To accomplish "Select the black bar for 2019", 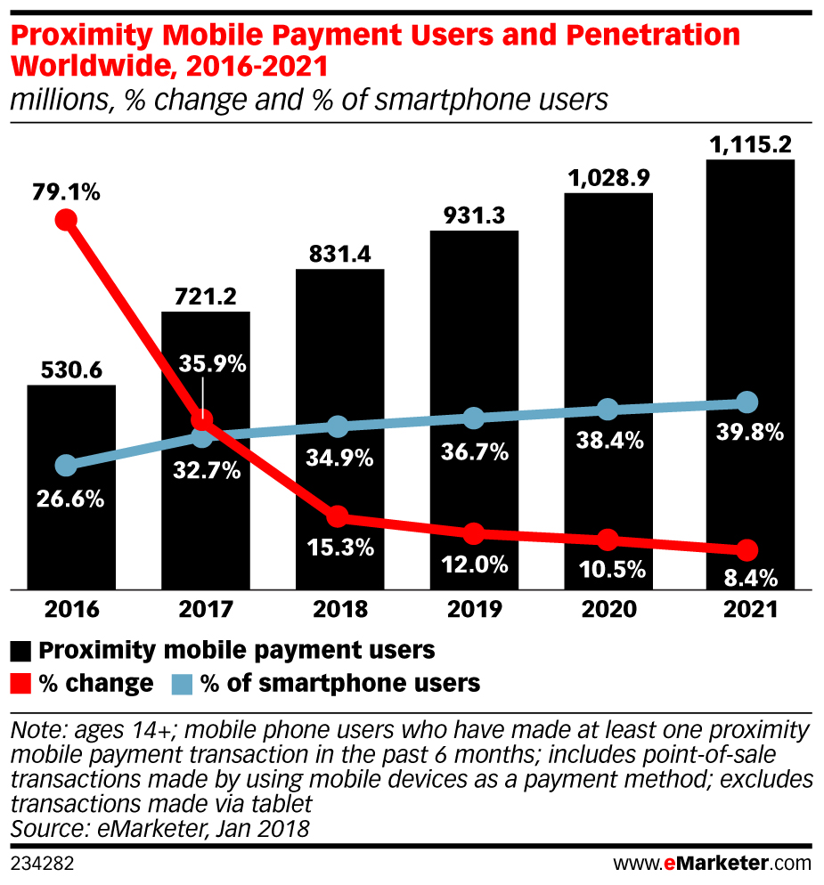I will coord(474,356).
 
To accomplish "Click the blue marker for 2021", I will coord(746,402).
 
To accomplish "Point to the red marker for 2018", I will coord(337,517).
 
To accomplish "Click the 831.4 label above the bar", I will coord(339,254).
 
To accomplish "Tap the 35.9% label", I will coord(212,364).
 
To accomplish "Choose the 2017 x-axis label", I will coord(205,610).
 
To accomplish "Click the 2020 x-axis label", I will coord(608,610).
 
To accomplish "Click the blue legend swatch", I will coord(182,684).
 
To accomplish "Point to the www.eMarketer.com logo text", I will coord(713,863).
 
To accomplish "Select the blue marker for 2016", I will coord(65,466).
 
